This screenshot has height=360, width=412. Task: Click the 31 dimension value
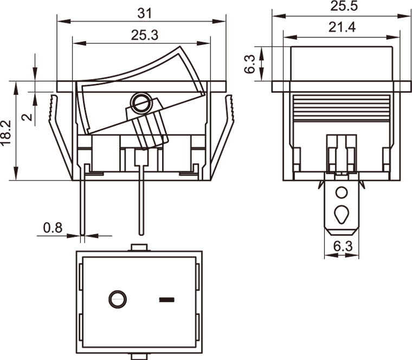tap(145, 14)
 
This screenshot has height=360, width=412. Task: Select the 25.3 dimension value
tap(145, 35)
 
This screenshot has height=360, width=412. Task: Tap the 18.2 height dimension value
tap(6, 132)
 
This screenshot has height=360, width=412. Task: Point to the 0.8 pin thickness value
tap(53, 228)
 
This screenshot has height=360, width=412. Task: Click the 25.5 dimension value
tap(344, 6)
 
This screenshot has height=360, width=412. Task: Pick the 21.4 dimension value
tap(342, 27)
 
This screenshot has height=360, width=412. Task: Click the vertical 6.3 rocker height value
tap(249, 64)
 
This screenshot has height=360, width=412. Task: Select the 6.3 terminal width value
tap(343, 247)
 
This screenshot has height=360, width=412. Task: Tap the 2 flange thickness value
tap(27, 117)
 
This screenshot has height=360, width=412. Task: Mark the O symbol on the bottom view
tap(118, 299)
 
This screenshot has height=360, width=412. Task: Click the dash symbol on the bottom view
tap(167, 300)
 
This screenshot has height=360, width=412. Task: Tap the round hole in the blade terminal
tap(342, 192)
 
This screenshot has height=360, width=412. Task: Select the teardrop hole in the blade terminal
tap(342, 214)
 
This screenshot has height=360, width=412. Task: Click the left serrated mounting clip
tap(60, 137)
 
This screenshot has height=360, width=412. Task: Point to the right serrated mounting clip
tap(222, 137)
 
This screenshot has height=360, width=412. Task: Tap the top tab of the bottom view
tap(139, 247)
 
